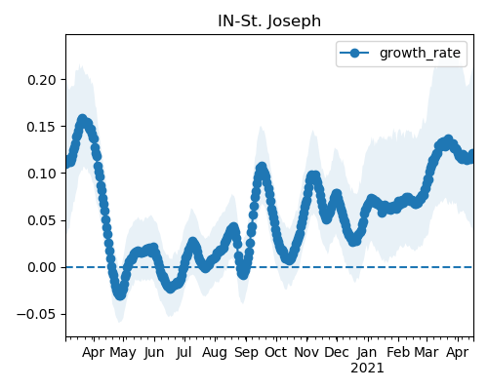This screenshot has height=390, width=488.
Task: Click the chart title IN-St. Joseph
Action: coord(269,21)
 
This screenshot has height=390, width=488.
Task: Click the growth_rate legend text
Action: coord(420,54)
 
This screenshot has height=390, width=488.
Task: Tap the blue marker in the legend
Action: coord(354,53)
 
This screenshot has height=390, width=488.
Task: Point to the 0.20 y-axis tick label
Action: coord(42,80)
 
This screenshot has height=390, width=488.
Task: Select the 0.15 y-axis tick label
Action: coord(42,127)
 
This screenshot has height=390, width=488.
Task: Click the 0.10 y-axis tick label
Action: coord(42,174)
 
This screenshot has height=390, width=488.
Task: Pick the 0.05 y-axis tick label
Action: coord(42,220)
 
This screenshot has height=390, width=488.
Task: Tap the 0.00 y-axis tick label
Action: coord(42,267)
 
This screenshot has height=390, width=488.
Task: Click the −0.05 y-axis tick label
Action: coord(36,315)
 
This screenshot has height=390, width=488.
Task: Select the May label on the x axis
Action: coord(123,353)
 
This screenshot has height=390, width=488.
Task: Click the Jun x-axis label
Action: coord(154,353)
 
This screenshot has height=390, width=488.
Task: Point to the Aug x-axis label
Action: coord(215,353)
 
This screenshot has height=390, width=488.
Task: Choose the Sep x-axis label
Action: coord(246,353)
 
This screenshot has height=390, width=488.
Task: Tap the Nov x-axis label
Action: coord(306,352)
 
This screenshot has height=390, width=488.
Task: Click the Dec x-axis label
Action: coord(337,352)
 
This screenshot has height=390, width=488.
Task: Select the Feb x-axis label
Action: coord(398,352)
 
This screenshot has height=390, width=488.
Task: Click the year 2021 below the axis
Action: coord(367,369)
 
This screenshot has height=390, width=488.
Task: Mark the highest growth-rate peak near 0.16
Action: coord(83,119)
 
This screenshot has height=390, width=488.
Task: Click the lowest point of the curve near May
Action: coord(120,294)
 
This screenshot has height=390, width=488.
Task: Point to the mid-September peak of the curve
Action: coord(262,168)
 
